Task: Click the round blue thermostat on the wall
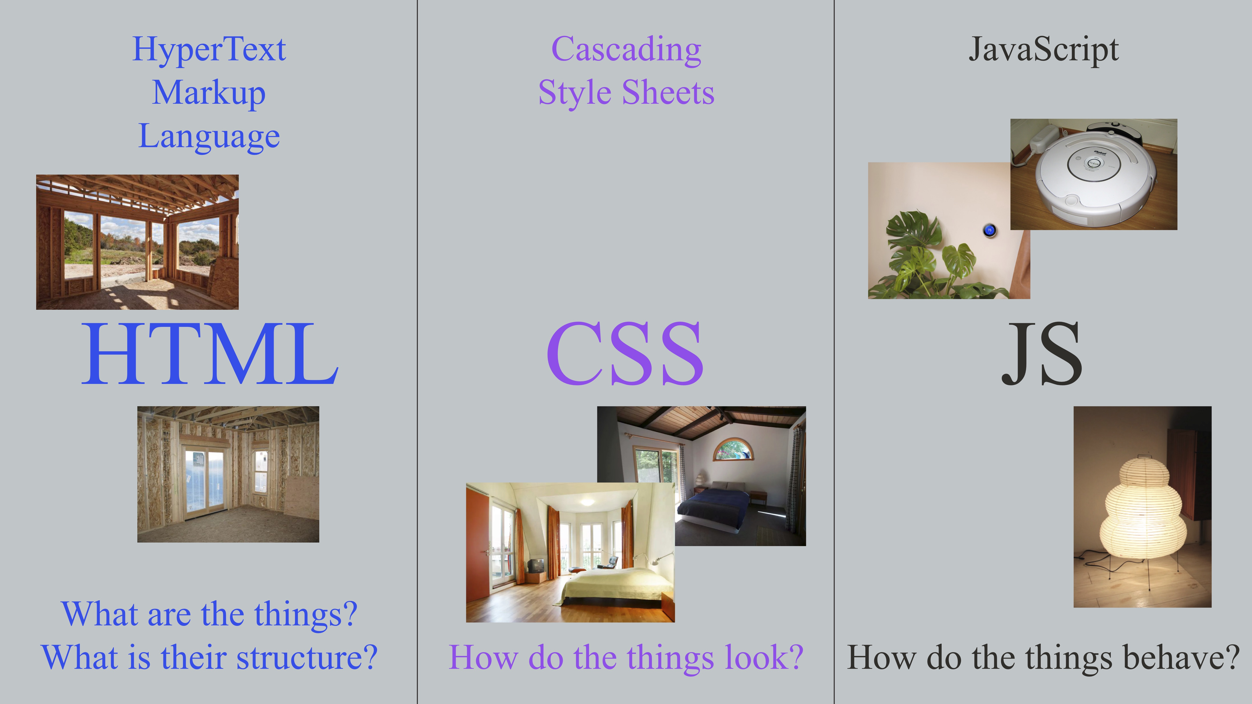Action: pos(990,230)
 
